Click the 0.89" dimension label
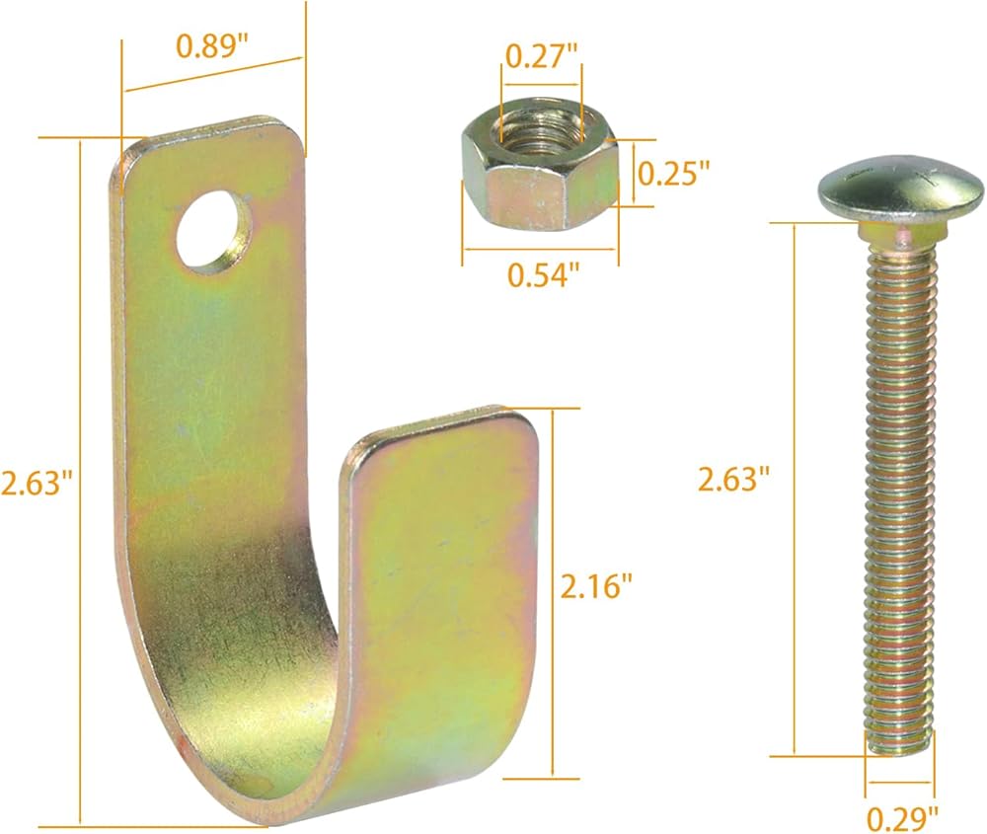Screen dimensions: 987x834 pyautogui.click(x=212, y=47)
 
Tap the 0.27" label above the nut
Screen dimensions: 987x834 pyautogui.click(x=541, y=56)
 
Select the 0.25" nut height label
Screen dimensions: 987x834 pyautogui.click(x=673, y=173)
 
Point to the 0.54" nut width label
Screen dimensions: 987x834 pyautogui.click(x=543, y=275)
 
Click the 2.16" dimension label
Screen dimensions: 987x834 pyautogui.click(x=595, y=586)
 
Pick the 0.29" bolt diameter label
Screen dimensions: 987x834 pyautogui.click(x=903, y=818)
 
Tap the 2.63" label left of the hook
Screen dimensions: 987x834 pyautogui.click(x=37, y=484)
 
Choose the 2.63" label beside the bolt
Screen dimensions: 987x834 pyautogui.click(x=734, y=479)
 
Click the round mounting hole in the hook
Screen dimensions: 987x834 pyautogui.click(x=214, y=232)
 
